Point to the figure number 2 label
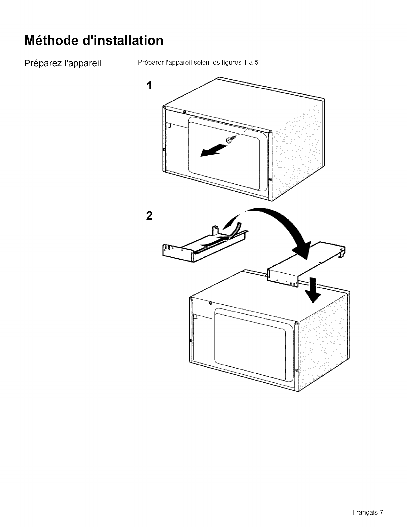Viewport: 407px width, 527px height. tap(149, 216)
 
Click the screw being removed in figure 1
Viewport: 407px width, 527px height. tap(230, 140)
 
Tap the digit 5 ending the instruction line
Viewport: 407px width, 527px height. tap(256, 63)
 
